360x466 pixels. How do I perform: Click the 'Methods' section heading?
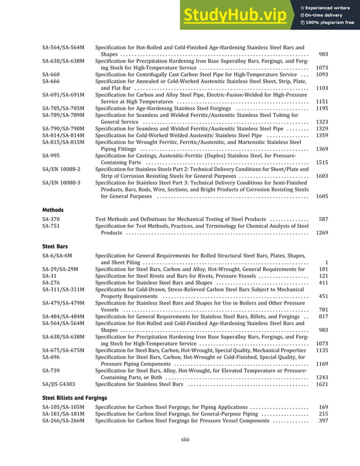pos(53,210)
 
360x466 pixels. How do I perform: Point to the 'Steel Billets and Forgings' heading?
pos(74,398)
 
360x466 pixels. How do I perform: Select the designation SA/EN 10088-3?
pos(61,183)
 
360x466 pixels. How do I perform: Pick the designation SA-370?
pos(51,219)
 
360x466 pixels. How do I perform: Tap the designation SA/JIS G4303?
pos(59,384)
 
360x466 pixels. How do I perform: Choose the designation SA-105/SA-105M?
pos(63,407)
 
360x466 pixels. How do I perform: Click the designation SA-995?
pos(51,156)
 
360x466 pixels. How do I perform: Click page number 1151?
pos(322,102)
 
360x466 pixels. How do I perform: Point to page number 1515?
pos(322,162)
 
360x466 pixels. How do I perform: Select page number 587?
pos(323,219)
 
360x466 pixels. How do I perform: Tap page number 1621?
pos(322,384)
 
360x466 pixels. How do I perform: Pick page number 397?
pos(323,420)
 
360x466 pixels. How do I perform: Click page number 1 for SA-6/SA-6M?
pos(326,262)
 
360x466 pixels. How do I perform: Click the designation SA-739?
pos(51,371)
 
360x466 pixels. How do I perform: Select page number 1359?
pos(322,135)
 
